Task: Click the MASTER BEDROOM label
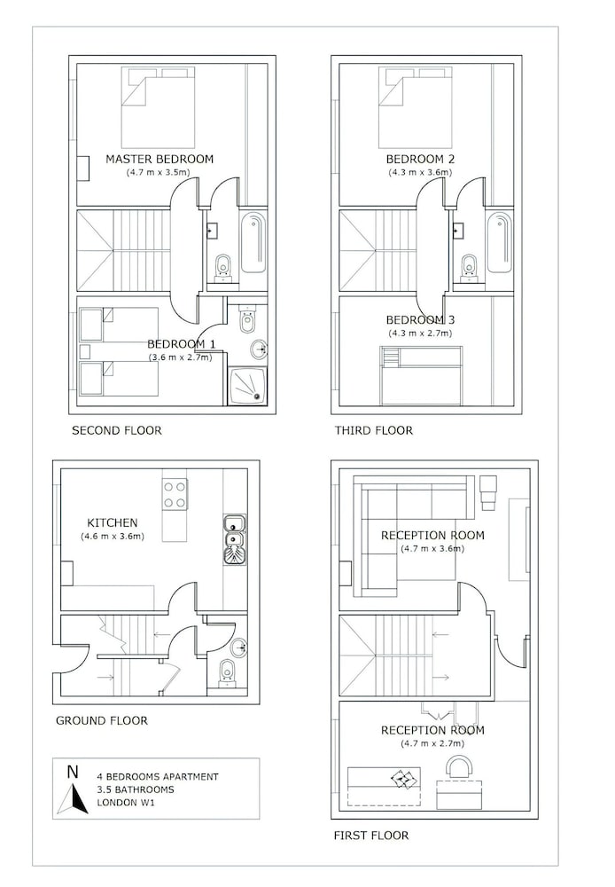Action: coord(160,159)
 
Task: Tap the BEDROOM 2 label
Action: coord(420,159)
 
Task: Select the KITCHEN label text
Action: coord(112,522)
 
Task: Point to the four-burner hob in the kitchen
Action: coord(175,494)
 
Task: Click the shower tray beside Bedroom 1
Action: coord(247,386)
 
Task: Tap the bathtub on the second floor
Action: coord(253,243)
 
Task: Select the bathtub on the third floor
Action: coord(500,243)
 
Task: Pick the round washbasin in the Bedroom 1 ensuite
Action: coord(259,349)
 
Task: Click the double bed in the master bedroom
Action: coord(159,107)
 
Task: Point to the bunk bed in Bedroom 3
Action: coord(421,375)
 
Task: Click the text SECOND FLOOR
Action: coord(116,430)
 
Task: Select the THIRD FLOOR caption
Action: coord(374,430)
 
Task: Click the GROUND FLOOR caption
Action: coord(102,720)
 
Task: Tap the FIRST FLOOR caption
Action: coord(370,835)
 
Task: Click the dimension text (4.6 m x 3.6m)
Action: coord(113,536)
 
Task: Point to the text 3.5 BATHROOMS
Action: coord(136,789)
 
